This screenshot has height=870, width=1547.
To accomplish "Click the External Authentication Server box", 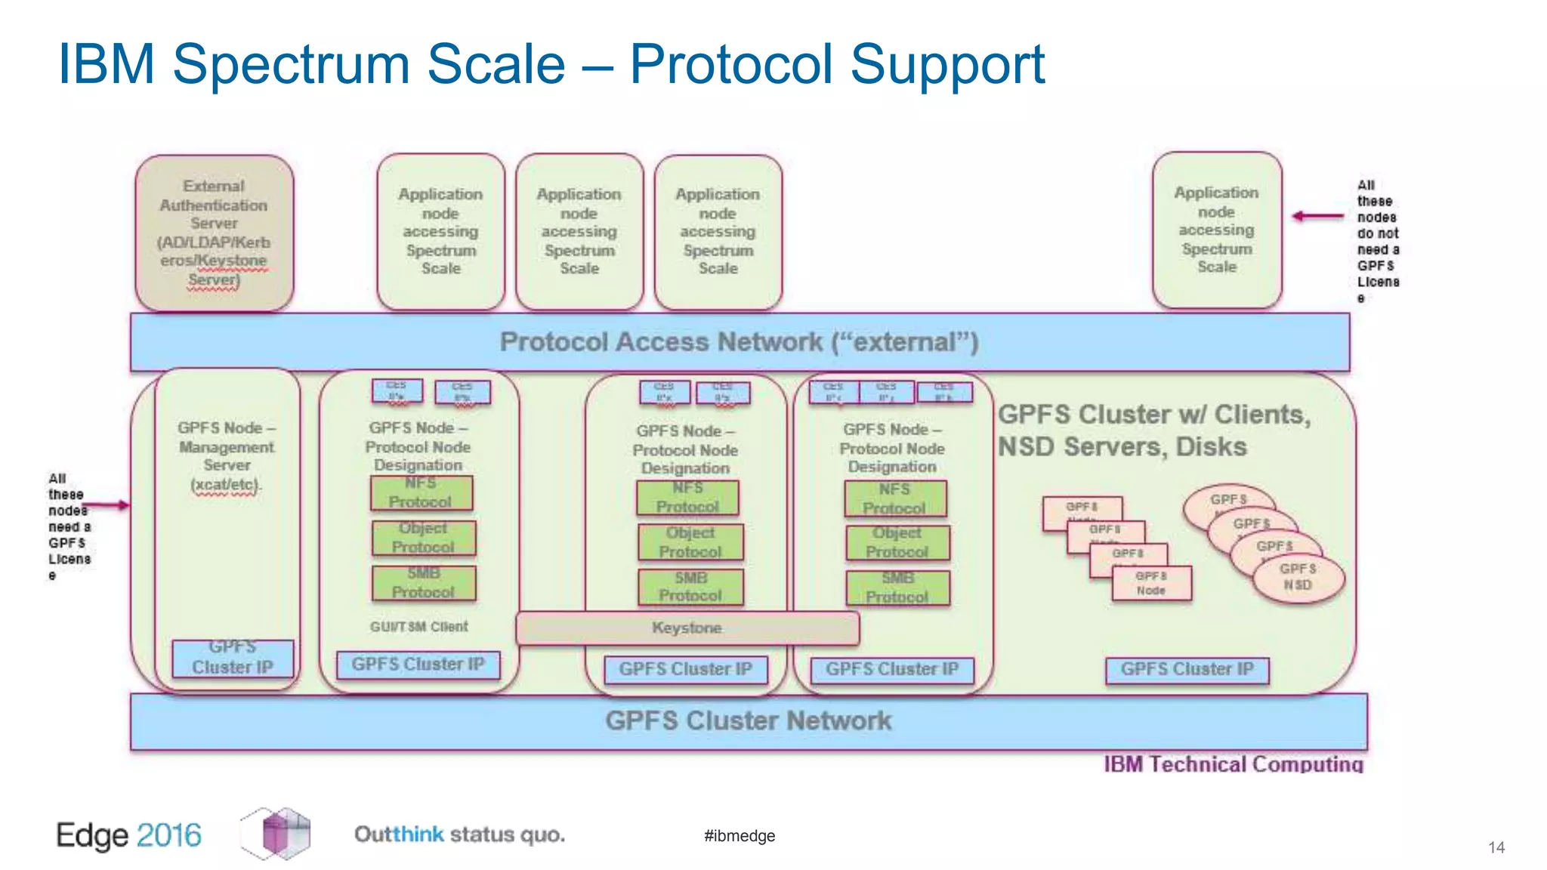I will click(x=214, y=233).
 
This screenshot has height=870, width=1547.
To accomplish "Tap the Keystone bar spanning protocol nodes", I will click(x=687, y=628).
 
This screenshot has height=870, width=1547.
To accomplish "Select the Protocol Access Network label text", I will click(x=739, y=342).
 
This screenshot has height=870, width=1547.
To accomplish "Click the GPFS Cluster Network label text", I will click(x=748, y=720).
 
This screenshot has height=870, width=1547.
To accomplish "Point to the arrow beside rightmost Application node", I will click(x=1317, y=217).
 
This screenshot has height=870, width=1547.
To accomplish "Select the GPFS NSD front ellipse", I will click(x=1298, y=578).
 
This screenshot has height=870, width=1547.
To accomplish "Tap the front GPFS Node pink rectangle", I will click(x=1151, y=583).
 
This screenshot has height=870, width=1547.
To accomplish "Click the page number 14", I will click(x=1496, y=847).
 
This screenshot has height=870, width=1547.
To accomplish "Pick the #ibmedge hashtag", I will click(x=739, y=835).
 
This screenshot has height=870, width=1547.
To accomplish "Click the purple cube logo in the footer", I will click(x=276, y=833).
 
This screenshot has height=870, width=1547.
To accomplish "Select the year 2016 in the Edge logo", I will click(x=169, y=835).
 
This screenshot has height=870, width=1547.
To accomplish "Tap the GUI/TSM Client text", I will click(x=418, y=627).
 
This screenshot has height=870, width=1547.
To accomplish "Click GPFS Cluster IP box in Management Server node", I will click(x=232, y=658).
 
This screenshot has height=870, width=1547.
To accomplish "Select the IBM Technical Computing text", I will click(x=1233, y=764).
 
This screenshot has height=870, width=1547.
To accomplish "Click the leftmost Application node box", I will click(x=440, y=231).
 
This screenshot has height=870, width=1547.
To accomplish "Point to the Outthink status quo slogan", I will click(x=459, y=835).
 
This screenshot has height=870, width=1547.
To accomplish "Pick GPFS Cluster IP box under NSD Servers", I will click(x=1186, y=669).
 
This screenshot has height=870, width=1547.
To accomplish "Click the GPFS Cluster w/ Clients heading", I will click(x=1153, y=415).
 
